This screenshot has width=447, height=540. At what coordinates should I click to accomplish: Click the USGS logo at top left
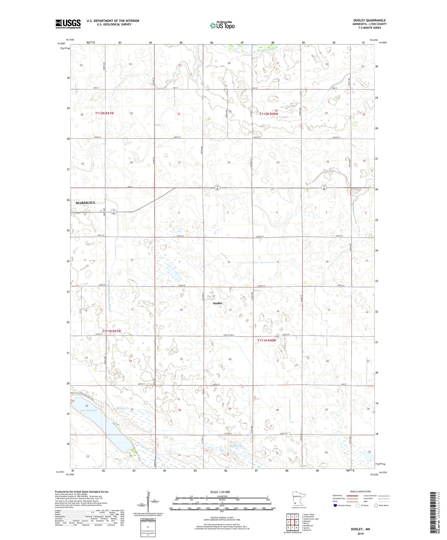click(68, 24)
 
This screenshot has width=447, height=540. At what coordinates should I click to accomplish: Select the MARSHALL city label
click(85, 203)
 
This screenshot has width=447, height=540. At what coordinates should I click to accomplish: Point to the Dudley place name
click(217, 303)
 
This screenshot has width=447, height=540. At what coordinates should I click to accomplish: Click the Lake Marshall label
click(88, 410)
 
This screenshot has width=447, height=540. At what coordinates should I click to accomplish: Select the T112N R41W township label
click(104, 114)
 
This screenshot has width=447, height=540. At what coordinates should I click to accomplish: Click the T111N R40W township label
click(266, 340)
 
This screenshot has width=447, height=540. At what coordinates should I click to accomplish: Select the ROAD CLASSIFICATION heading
click(360, 491)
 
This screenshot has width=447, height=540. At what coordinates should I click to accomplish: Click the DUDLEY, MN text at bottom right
click(360, 529)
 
